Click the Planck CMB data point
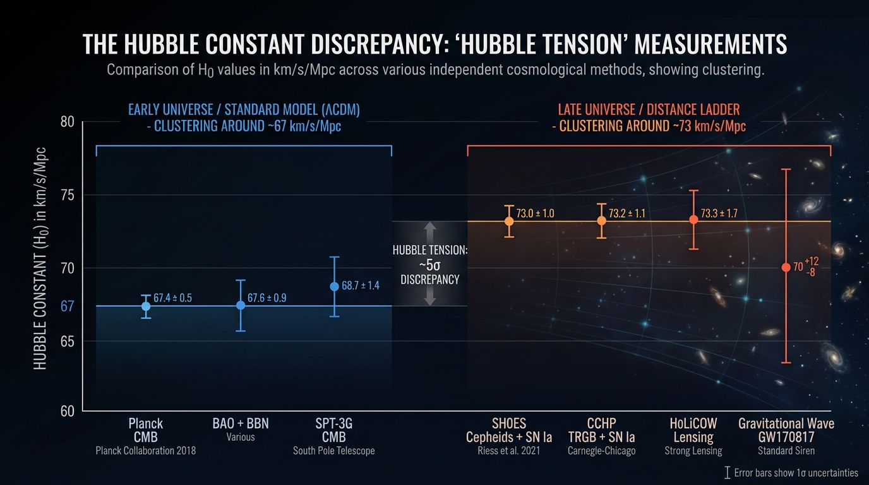click(x=146, y=306)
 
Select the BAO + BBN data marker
click(x=241, y=305)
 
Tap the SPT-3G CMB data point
click(x=335, y=286)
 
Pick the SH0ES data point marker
click(x=509, y=221)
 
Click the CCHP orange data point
click(x=602, y=220)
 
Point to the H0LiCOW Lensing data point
click(x=693, y=219)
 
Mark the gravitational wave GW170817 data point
click(x=786, y=267)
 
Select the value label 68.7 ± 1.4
click(x=361, y=285)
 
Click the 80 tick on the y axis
click(x=68, y=122)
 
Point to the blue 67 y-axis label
click(x=68, y=306)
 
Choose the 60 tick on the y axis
click(x=68, y=412)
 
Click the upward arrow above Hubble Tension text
click(x=430, y=232)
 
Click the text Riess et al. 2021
click(x=509, y=451)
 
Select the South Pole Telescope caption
click(x=334, y=451)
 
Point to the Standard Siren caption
click(x=786, y=451)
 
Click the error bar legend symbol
click(x=728, y=472)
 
